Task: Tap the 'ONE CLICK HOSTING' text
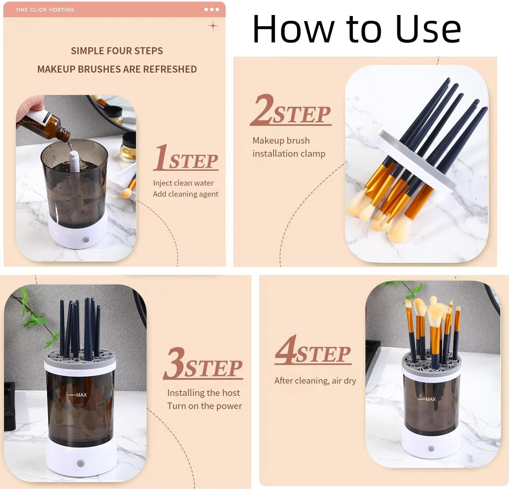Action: pos(45,10)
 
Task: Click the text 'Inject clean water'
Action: pos(183,183)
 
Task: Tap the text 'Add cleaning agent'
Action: pos(186,194)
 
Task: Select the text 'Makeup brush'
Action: pos(281,141)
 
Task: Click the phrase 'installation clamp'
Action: pos(289,154)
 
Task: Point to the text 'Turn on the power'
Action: pos(204,406)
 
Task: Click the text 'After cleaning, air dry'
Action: pos(315,381)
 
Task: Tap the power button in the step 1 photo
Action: pos(86,240)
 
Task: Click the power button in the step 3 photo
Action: pos(81,463)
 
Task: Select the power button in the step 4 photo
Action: pos(431,449)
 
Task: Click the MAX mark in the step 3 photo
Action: pos(81,395)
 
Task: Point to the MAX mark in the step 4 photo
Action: pos(430,399)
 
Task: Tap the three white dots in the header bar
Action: pos(211,10)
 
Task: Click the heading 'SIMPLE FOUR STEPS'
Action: pos(117,51)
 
